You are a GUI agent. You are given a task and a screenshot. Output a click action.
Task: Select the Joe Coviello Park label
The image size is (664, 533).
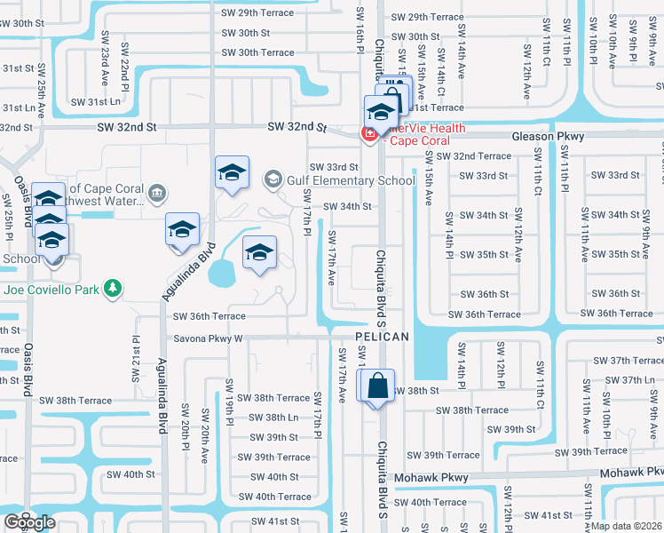tap(51, 289)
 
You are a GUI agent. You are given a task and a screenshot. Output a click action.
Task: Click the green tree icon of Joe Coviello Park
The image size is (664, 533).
tap(113, 288)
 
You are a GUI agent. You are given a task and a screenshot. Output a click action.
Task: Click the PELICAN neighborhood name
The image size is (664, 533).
tap(382, 337)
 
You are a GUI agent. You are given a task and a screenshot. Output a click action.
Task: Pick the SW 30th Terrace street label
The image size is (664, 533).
tap(258, 52)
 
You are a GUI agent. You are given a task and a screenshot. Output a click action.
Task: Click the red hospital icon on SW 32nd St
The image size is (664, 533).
tap(367, 134)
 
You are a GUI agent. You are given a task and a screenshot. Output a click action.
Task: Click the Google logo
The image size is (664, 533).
tap(29, 522)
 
